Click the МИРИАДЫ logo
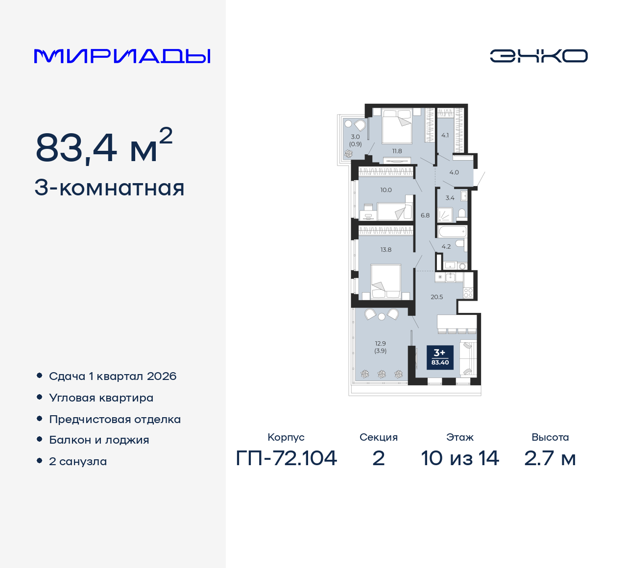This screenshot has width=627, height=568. tap(122, 56)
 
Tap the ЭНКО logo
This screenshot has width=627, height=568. tap(538, 56)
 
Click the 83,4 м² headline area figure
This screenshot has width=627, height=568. tap(104, 145)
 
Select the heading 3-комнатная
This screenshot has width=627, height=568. tap(109, 188)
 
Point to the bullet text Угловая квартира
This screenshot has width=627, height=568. tap(101, 398)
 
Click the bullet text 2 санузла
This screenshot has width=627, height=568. tap(78, 461)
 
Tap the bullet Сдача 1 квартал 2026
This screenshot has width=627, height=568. tap(113, 376)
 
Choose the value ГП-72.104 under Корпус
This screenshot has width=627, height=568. tap(286, 458)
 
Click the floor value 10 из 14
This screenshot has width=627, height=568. tap(460, 458)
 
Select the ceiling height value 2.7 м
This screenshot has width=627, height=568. tap(550, 458)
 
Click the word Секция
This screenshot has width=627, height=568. tap(379, 437)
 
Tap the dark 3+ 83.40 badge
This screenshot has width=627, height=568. tap(440, 357)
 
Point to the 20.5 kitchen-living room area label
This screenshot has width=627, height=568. tap(436, 297)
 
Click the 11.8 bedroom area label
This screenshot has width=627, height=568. tap(397, 151)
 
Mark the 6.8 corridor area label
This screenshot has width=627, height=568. tap(425, 215)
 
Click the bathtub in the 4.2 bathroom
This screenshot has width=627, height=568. tap(453, 232)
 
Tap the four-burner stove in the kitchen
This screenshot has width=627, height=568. tap(468, 293)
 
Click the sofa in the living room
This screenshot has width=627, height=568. tap(468, 358)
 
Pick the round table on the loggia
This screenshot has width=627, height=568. tap(382, 316)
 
